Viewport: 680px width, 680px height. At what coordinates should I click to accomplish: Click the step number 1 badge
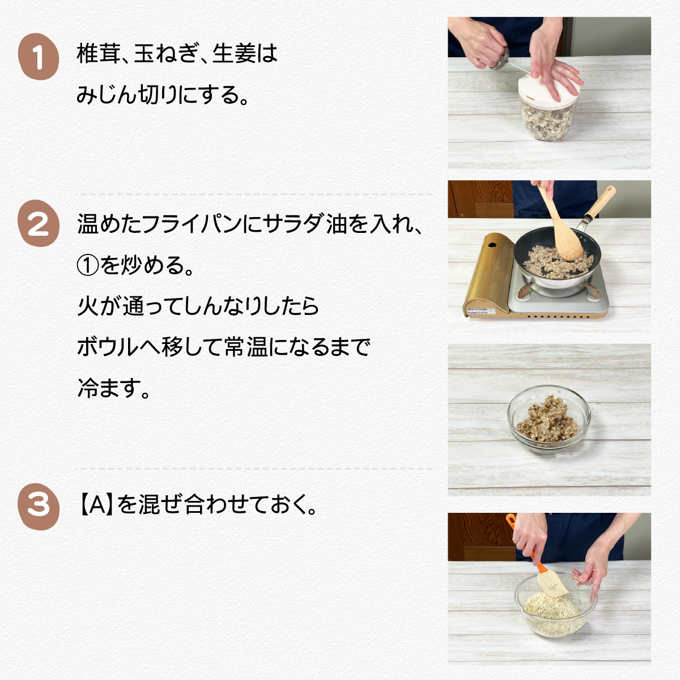tap(39, 57)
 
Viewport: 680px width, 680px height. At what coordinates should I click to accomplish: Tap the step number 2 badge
tap(39, 223)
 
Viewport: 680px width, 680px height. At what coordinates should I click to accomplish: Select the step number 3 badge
tap(39, 507)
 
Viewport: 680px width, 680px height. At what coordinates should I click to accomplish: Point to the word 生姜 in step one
tap(234, 54)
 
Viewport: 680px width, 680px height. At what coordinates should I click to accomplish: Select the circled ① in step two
tap(88, 266)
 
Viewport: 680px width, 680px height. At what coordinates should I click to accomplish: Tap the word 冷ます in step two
tap(107, 388)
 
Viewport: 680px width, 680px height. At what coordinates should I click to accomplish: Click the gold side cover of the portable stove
tap(488, 275)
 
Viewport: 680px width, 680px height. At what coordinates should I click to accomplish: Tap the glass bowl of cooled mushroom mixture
tap(549, 419)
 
